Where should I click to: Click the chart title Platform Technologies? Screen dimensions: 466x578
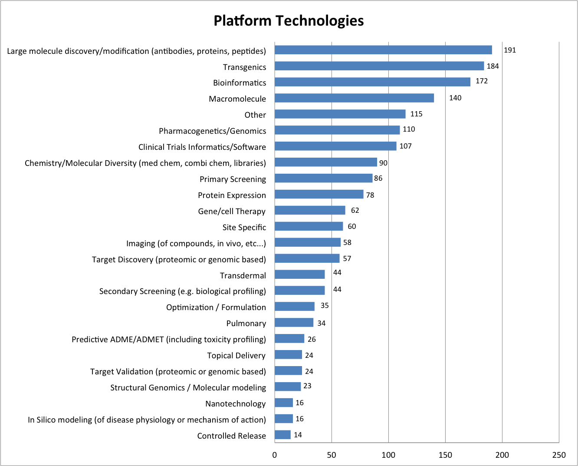coord(289,21)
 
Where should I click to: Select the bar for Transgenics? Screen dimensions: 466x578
coord(379,66)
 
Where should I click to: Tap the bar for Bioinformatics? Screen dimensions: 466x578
coord(372,82)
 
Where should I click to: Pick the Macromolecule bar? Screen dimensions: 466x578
coord(354,98)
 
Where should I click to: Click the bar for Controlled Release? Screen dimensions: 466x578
coord(282,435)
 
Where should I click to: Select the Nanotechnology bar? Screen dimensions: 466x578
coord(284,403)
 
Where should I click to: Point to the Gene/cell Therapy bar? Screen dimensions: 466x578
coord(310,211)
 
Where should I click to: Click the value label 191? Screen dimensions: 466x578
coord(510,50)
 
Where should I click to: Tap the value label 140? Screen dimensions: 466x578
coord(455,98)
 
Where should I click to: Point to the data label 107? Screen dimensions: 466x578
coord(405,146)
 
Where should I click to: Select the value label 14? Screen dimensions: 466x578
coord(298,435)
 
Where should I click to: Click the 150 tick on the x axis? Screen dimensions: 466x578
coord(445,455)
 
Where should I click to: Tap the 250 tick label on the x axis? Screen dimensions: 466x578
coord(559,455)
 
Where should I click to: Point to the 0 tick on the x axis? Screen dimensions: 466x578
coord(275,455)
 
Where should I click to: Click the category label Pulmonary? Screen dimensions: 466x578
coord(246,324)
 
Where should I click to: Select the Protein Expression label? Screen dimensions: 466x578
coord(232,195)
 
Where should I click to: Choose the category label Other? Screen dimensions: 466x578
coord(255,115)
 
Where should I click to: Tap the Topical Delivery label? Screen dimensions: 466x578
coord(236,356)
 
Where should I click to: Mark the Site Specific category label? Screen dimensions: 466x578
coord(244,228)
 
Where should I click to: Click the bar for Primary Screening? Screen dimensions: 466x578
coord(323,178)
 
